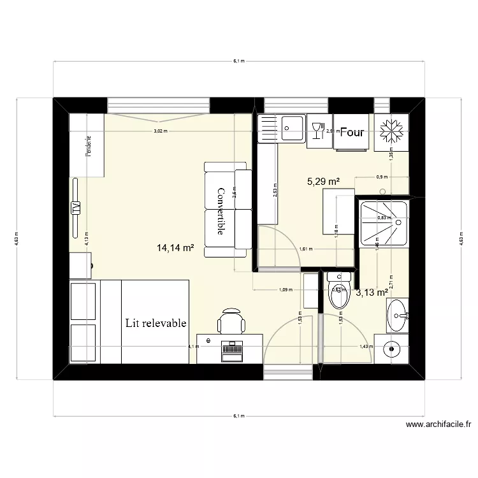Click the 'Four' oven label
[x=352, y=133]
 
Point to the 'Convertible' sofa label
[x=221, y=211]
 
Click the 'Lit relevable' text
[x=156, y=323]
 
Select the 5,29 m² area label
[x=323, y=181]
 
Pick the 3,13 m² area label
[x=372, y=293]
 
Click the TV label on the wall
[x=76, y=208]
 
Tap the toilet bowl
[x=335, y=294]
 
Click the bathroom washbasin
[x=400, y=314]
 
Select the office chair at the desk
[x=231, y=319]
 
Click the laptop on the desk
[x=231, y=350]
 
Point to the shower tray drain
[x=396, y=222]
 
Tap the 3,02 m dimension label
[x=160, y=131]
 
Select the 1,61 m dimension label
[x=307, y=249]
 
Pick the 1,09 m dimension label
[x=286, y=290]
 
